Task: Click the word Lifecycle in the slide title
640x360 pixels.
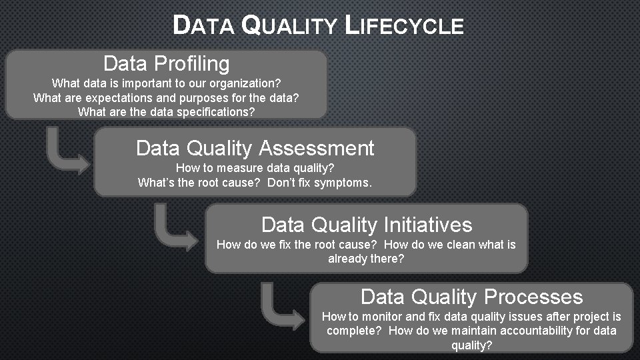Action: click(405, 26)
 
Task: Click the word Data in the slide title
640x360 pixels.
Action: click(203, 26)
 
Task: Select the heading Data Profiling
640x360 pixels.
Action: click(167, 64)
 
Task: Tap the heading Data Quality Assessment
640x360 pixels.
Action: click(255, 148)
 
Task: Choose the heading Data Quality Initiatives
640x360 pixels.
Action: click(366, 225)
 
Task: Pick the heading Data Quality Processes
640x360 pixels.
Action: click(471, 297)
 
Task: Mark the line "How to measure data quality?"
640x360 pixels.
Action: click(255, 168)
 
